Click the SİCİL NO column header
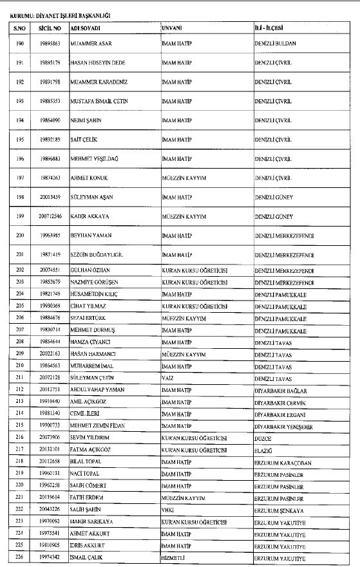click(49, 29)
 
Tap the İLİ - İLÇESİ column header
click(269, 29)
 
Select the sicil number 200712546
click(49, 217)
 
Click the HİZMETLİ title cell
click(175, 557)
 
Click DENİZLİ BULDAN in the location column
click(275, 43)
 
